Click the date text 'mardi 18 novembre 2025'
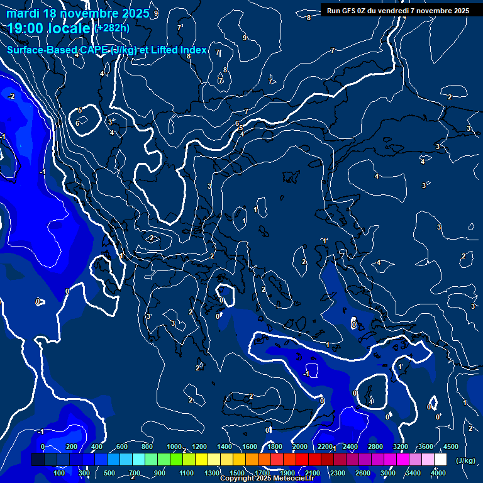pyautogui.click(x=78, y=13)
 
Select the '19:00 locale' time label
pyautogui.click(x=50, y=28)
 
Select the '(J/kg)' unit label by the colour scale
pyautogui.click(x=465, y=461)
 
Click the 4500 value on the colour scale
pyautogui.click(x=450, y=447)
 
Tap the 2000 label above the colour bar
pyautogui.click(x=300, y=447)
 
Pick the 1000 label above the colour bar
pyautogui.click(x=174, y=447)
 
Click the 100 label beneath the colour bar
pyautogui.click(x=59, y=473)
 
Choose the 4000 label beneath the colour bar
pyautogui.click(x=438, y=473)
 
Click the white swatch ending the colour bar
pyautogui.click(x=440, y=460)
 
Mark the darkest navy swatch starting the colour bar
pyautogui.click(x=38, y=460)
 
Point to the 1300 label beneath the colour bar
pyautogui.click(x=212, y=473)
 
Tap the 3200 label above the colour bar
pyautogui.click(x=401, y=447)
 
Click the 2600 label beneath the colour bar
pyautogui.click(x=363, y=473)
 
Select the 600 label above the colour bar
pyautogui.click(x=122, y=447)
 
